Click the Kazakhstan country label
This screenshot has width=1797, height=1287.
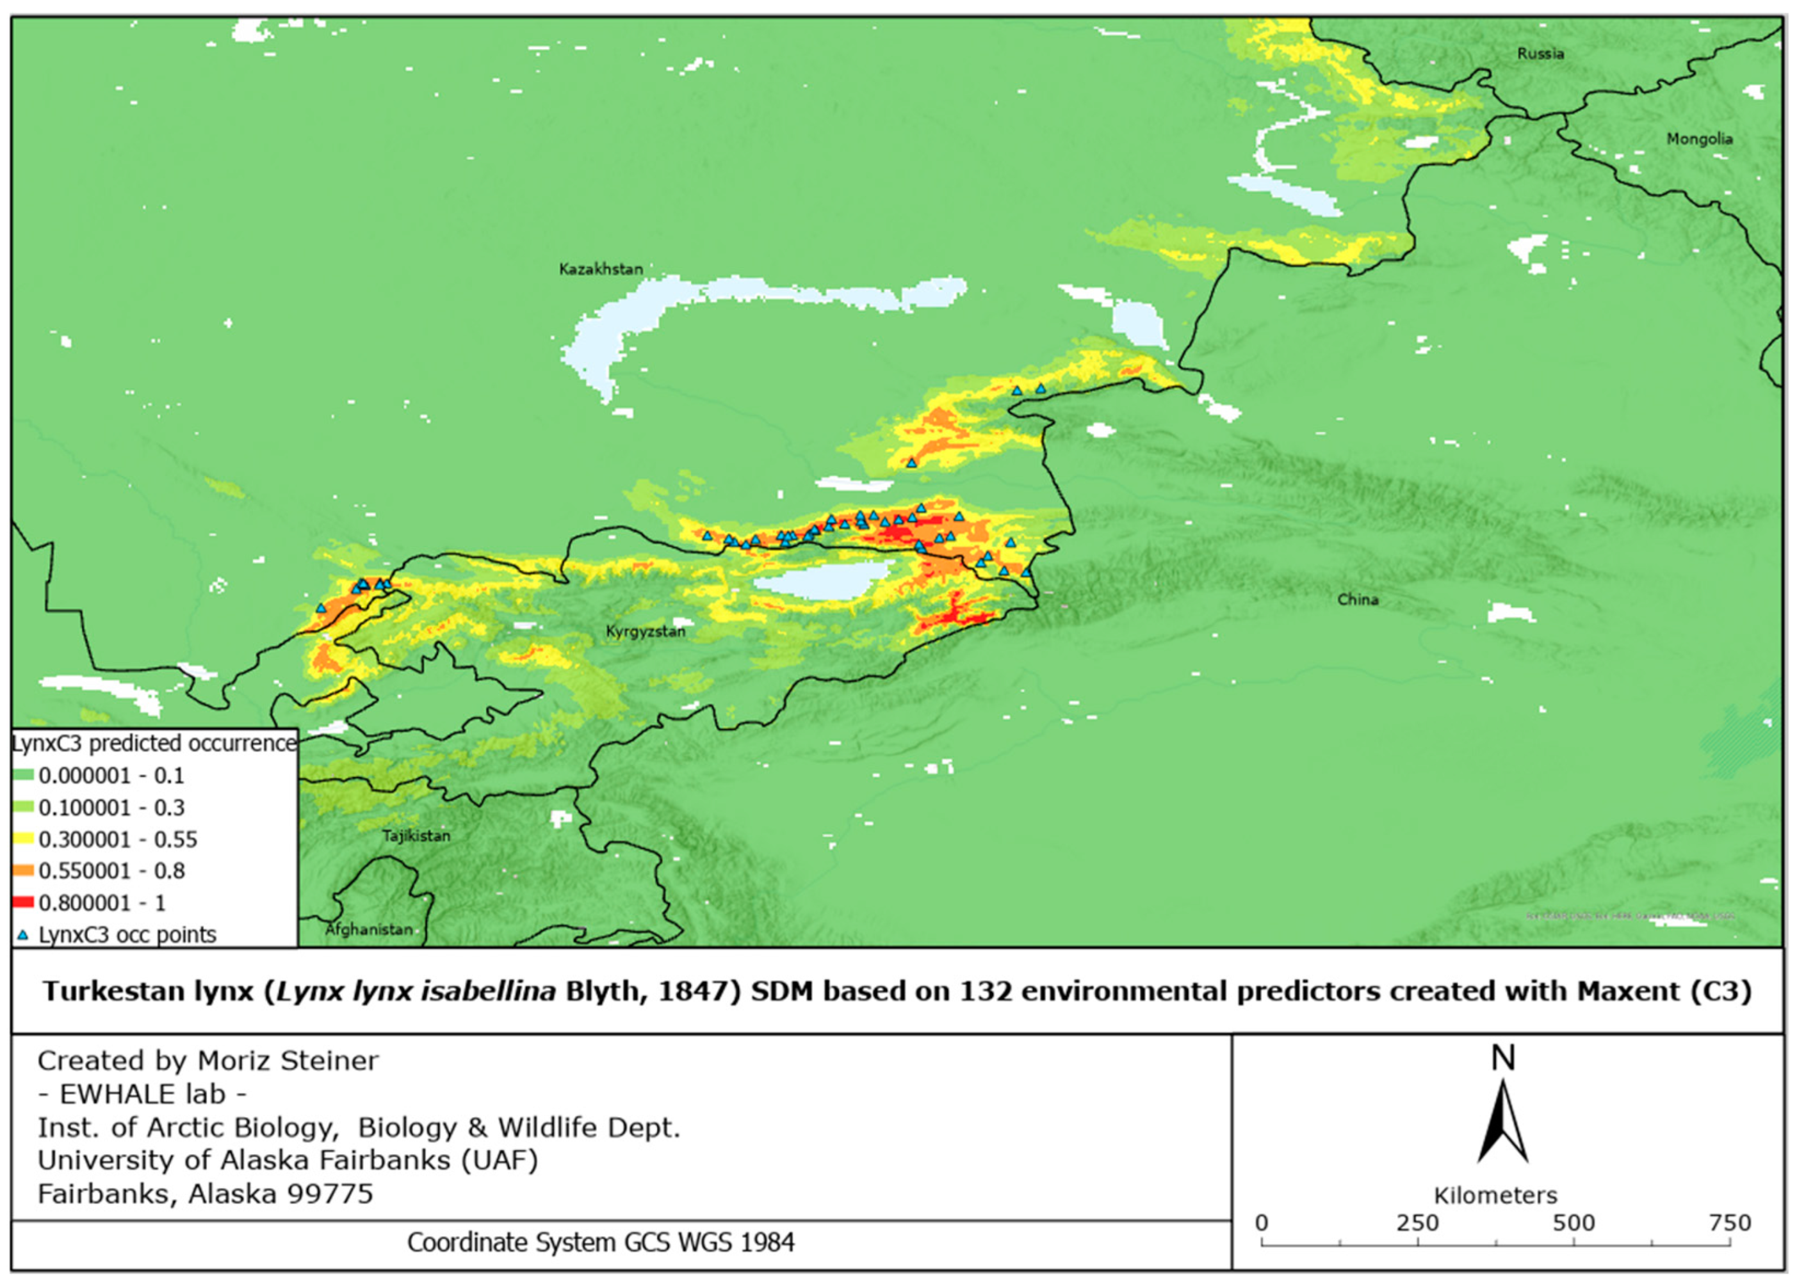[x=601, y=269]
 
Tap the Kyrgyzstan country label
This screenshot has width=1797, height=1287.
[x=645, y=631]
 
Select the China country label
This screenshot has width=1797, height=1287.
[x=1357, y=600]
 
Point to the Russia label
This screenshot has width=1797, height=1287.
[x=1540, y=54]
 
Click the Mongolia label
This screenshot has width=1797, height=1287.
[x=1699, y=139]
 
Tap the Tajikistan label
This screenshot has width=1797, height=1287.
[x=416, y=836]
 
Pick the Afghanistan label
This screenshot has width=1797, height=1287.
[x=370, y=929]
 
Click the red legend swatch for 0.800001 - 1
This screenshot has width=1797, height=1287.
[x=24, y=902]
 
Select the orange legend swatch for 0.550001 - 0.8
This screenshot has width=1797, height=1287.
[x=24, y=870]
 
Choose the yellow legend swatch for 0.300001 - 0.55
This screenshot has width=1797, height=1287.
[x=24, y=839]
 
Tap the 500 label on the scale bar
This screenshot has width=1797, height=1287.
[x=1573, y=1223]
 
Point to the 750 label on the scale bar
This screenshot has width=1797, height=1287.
[x=1730, y=1223]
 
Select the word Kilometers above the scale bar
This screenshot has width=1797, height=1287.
[x=1495, y=1195]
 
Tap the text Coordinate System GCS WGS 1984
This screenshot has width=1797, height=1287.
[x=601, y=1242]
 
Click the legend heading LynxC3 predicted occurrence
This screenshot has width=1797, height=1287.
[x=154, y=743]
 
